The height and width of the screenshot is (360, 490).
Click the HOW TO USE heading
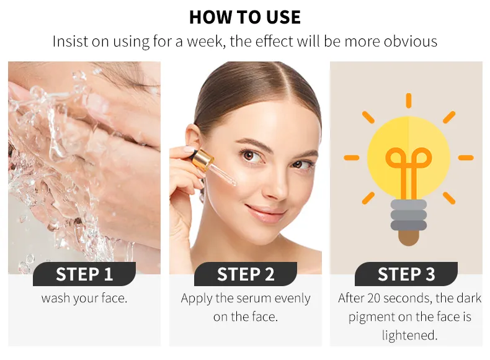point(245,17)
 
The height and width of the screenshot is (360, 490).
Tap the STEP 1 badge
point(84,274)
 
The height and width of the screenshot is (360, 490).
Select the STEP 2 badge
point(246,274)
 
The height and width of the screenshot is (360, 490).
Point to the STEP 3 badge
point(406,274)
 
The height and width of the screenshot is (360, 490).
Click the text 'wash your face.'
point(84,299)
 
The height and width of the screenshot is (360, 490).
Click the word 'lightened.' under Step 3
point(409,335)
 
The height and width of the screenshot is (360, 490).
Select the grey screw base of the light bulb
point(409,215)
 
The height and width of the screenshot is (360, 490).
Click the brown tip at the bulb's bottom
point(409,238)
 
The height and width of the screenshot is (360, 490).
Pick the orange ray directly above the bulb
point(409,101)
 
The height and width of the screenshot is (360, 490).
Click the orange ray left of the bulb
point(352,158)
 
